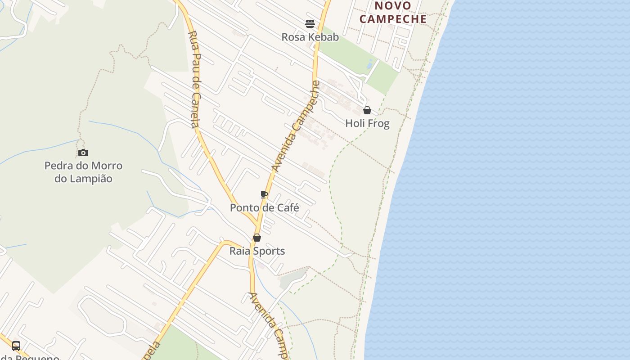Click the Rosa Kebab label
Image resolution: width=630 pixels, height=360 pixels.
[310, 37]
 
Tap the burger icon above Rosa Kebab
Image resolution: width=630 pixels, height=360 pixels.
[310, 23]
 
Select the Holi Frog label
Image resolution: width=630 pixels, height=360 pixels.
[367, 123]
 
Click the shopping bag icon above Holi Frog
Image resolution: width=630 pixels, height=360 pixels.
[367, 110]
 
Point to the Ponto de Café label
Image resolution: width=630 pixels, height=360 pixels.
[265, 207]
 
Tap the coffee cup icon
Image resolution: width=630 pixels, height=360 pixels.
[264, 195]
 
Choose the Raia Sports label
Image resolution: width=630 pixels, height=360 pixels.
[257, 251]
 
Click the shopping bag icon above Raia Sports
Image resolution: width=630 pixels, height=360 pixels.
[257, 238]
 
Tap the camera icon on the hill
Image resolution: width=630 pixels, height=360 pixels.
[83, 153]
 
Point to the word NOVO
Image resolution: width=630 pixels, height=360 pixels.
[393, 6]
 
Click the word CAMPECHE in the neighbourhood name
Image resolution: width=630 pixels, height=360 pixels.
[393, 19]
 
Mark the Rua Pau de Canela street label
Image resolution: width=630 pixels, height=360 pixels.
[194, 79]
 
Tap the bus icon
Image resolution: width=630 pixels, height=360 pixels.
[16, 346]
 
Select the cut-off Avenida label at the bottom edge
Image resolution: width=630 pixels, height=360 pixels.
[269, 324]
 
